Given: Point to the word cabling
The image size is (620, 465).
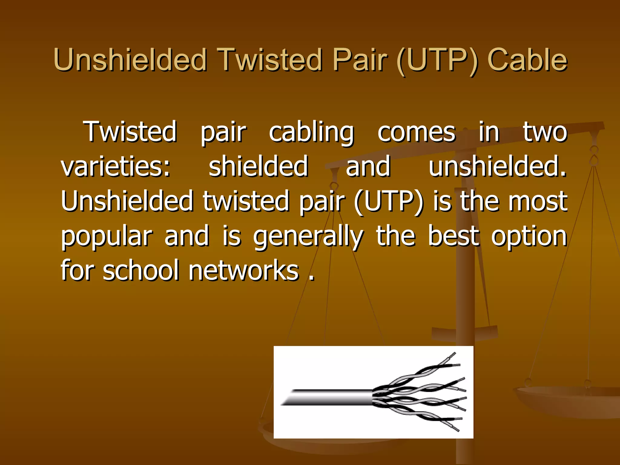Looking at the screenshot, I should (x=311, y=133).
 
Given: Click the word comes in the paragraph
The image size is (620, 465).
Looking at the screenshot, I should (x=416, y=133).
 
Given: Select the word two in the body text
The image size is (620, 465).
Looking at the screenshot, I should (x=545, y=132).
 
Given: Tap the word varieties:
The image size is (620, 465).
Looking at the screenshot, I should (x=116, y=167).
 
